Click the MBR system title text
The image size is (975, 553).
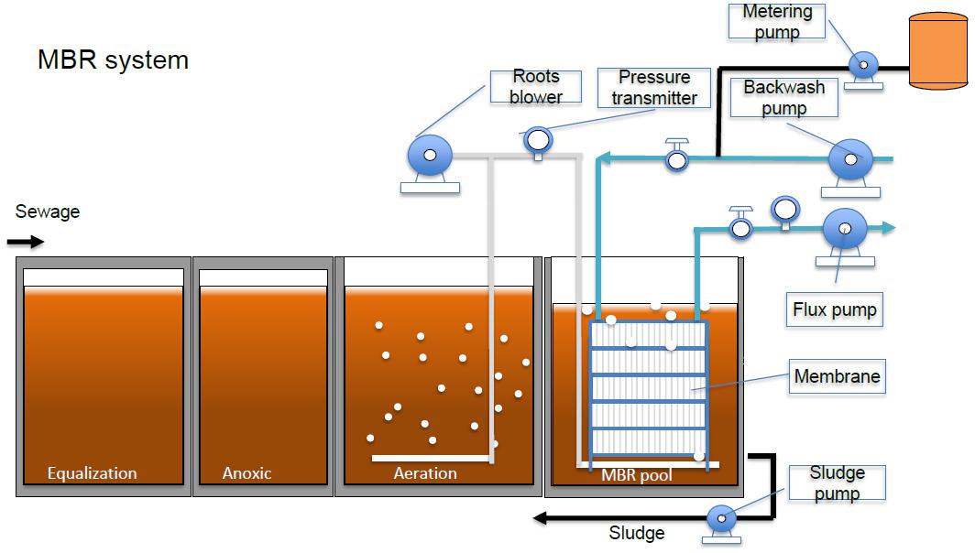click(x=113, y=60)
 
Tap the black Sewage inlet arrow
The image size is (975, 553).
click(x=25, y=243)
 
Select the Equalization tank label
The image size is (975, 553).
click(x=92, y=473)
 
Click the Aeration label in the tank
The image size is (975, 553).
click(x=425, y=473)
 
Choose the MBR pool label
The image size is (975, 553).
click(x=636, y=475)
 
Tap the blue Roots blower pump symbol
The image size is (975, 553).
click(x=429, y=154)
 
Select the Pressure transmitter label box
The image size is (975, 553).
click(x=654, y=88)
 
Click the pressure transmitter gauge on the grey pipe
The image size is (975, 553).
click(x=538, y=139)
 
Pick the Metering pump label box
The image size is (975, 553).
click(x=777, y=22)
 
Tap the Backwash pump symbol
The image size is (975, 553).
click(x=849, y=160)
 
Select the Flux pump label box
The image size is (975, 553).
click(x=835, y=309)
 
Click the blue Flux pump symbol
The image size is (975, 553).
click(x=841, y=227)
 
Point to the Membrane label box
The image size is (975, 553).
click(x=837, y=376)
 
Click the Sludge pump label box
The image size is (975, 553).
click(x=837, y=483)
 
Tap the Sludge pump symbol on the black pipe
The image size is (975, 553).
click(x=721, y=519)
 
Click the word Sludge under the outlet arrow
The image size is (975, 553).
click(x=636, y=533)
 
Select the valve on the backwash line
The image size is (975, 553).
click(x=677, y=157)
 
